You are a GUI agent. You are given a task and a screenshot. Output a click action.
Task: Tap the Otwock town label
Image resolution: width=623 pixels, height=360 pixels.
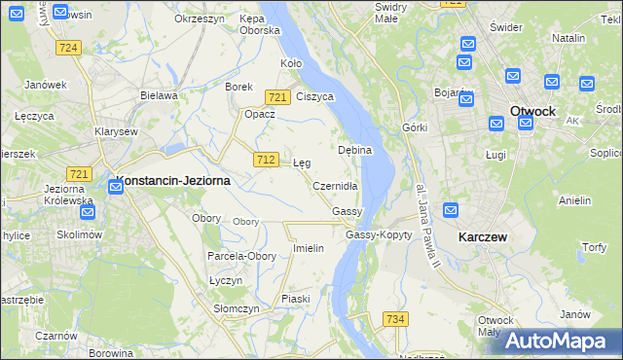tap(532, 111)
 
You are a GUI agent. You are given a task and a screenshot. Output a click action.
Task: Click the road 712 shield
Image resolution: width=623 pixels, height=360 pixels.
tap(266, 159)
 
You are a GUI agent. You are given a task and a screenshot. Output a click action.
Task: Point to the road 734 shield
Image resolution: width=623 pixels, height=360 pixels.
tap(394, 319)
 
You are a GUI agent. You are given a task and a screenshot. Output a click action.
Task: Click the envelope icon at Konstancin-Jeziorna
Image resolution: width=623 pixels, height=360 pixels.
tap(116, 187)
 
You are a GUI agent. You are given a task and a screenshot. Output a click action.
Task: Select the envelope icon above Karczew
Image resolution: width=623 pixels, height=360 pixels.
tap(451, 210)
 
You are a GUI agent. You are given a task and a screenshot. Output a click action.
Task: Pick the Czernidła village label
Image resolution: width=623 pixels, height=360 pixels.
tap(336, 185)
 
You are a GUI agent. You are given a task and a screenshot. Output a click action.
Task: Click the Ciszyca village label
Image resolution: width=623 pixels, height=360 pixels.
tap(314, 96)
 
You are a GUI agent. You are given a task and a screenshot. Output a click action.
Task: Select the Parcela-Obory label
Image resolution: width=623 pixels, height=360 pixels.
tap(241, 256)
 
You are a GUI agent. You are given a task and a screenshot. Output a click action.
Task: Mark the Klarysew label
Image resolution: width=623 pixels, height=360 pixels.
tap(116, 131)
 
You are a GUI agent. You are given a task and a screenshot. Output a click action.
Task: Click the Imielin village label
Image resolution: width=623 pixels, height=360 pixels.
tap(309, 248)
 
